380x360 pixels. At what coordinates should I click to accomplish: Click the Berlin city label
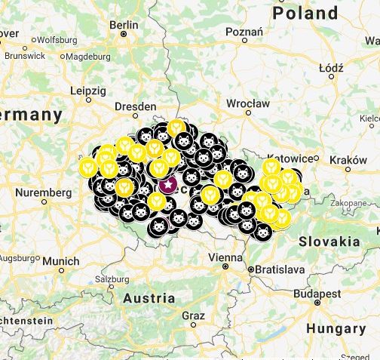(x=124, y=24)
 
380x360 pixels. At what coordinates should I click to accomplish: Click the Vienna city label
(x=225, y=257)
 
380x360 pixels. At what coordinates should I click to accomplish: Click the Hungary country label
(x=336, y=329)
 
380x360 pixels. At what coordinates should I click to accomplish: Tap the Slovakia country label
(x=329, y=242)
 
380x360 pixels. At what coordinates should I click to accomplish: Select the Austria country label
(x=149, y=297)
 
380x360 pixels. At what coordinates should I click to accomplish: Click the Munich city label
(x=60, y=261)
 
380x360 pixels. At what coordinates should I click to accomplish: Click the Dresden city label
(x=136, y=106)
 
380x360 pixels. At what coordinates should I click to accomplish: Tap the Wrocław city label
(x=247, y=103)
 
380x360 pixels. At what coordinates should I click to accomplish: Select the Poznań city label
(x=243, y=32)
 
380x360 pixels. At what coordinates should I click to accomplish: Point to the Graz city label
(x=193, y=315)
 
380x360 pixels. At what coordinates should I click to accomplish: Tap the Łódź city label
(x=331, y=67)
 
